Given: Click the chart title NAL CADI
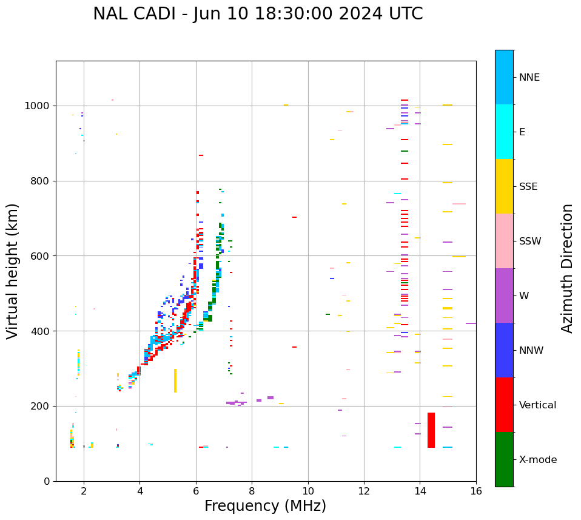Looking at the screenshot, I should pyautogui.click(x=258, y=14).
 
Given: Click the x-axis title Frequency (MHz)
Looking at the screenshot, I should pyautogui.click(x=265, y=506).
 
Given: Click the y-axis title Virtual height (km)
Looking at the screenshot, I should pyautogui.click(x=13, y=271).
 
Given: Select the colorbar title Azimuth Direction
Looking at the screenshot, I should pyautogui.click(x=567, y=268).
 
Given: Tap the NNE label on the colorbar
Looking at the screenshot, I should pyautogui.click(x=529, y=78).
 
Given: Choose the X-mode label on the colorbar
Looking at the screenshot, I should pyautogui.click(x=537, y=460).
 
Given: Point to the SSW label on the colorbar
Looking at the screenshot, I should pyautogui.click(x=530, y=241).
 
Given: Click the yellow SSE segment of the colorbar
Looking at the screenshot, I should pyautogui.click(x=504, y=186).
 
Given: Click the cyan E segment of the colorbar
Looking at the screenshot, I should pyautogui.click(x=504, y=132).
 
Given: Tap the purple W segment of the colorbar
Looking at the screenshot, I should pyautogui.click(x=504, y=295).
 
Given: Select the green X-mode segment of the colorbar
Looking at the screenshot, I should pyautogui.click(x=504, y=459).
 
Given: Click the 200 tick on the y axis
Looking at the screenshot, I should pyautogui.click(x=42, y=406).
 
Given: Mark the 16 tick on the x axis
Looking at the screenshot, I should pyautogui.click(x=476, y=490).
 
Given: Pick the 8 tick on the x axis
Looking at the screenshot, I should pyautogui.click(x=252, y=490).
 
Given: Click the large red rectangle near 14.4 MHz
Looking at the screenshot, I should pyautogui.click(x=431, y=430).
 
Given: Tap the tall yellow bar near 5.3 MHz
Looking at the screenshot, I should pyautogui.click(x=175, y=380).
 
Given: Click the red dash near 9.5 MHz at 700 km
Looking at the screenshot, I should pyautogui.click(x=294, y=217).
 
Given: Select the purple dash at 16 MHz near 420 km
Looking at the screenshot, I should pyautogui.click(x=471, y=323).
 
